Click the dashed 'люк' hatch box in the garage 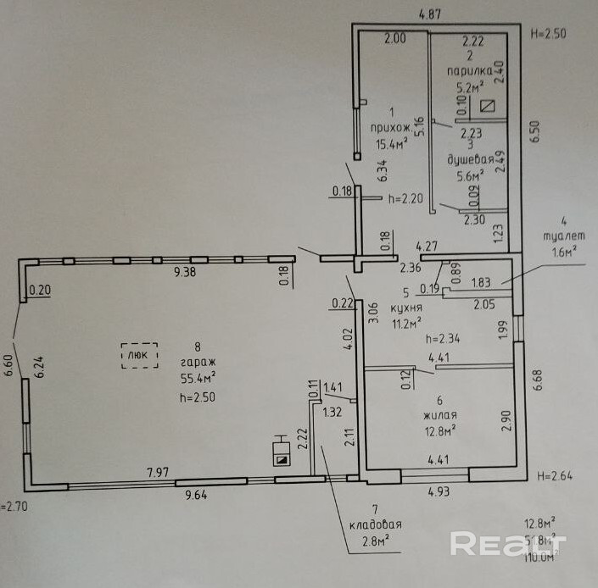[x=140, y=355]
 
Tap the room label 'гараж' [x=197, y=362]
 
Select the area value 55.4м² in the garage [x=197, y=379]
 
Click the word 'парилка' [x=469, y=73]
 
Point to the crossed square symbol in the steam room [x=488, y=107]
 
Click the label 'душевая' [x=469, y=159]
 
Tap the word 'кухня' [x=407, y=306]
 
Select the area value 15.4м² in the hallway [x=392, y=144]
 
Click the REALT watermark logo [x=506, y=543]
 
